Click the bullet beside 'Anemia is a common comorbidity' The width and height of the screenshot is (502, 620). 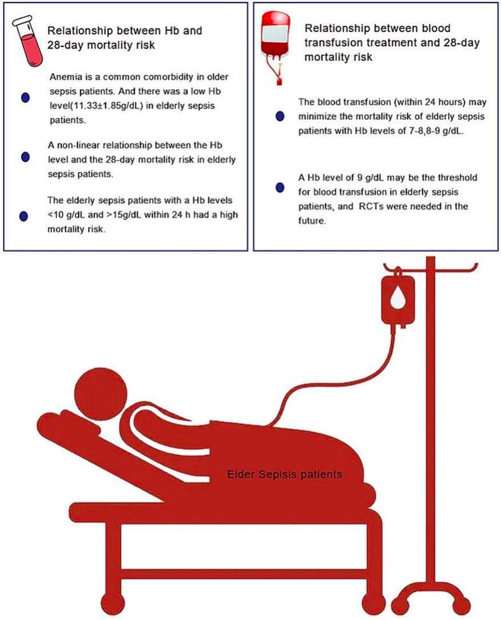(x=25, y=98)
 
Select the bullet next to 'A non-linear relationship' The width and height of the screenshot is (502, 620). (x=25, y=157)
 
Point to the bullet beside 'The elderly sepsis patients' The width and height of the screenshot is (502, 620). (x=24, y=216)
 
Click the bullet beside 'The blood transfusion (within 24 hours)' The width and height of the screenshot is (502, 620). (x=280, y=117)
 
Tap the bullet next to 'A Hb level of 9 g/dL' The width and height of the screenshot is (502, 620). (x=280, y=187)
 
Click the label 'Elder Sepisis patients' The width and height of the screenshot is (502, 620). (x=284, y=474)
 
